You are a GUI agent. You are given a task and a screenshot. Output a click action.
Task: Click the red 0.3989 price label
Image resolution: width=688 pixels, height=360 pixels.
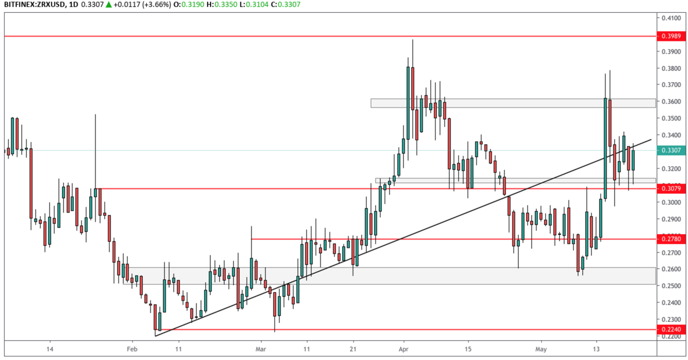pyautogui.click(x=671, y=36)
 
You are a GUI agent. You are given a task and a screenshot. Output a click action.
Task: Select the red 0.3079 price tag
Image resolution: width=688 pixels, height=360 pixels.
pyautogui.click(x=671, y=188)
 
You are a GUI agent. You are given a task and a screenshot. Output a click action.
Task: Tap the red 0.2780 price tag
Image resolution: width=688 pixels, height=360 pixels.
pyautogui.click(x=671, y=239)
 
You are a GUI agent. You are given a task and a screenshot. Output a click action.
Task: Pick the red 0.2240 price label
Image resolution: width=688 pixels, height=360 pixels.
pyautogui.click(x=671, y=329)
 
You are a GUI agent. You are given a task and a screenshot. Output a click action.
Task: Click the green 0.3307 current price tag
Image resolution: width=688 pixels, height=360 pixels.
pyautogui.click(x=671, y=150)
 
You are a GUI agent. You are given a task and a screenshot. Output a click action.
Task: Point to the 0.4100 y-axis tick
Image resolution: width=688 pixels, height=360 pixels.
pyautogui.click(x=671, y=18)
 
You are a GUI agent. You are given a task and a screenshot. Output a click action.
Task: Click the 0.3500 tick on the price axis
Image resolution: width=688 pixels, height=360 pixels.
pyautogui.click(x=671, y=118)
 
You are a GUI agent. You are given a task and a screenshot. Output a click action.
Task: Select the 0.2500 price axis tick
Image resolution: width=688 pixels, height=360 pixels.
pyautogui.click(x=671, y=286)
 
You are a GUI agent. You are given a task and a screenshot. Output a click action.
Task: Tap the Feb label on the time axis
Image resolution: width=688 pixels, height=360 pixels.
pyautogui.click(x=132, y=349)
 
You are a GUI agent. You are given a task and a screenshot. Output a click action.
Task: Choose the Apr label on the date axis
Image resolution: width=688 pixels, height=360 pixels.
pyautogui.click(x=403, y=349)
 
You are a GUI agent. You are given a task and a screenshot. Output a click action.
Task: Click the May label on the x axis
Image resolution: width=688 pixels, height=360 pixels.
pyautogui.click(x=541, y=349)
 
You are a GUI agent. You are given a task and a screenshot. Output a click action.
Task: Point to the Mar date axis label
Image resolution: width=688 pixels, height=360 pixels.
pyautogui.click(x=261, y=349)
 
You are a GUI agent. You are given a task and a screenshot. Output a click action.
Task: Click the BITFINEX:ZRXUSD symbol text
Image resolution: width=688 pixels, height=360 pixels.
pyautogui.click(x=34, y=5)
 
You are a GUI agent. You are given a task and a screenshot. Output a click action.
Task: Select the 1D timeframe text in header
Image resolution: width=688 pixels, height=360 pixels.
pyautogui.click(x=74, y=5)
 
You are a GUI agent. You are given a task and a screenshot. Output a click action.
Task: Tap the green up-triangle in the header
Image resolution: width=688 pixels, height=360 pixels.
pyautogui.click(x=109, y=5)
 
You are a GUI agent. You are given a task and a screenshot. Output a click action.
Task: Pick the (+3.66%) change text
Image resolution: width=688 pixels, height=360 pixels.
pyautogui.click(x=157, y=5)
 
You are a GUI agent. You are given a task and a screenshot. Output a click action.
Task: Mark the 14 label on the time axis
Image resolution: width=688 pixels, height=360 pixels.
pyautogui.click(x=50, y=349)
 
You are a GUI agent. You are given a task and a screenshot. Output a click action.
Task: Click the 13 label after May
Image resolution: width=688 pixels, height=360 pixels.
pyautogui.click(x=596, y=349)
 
